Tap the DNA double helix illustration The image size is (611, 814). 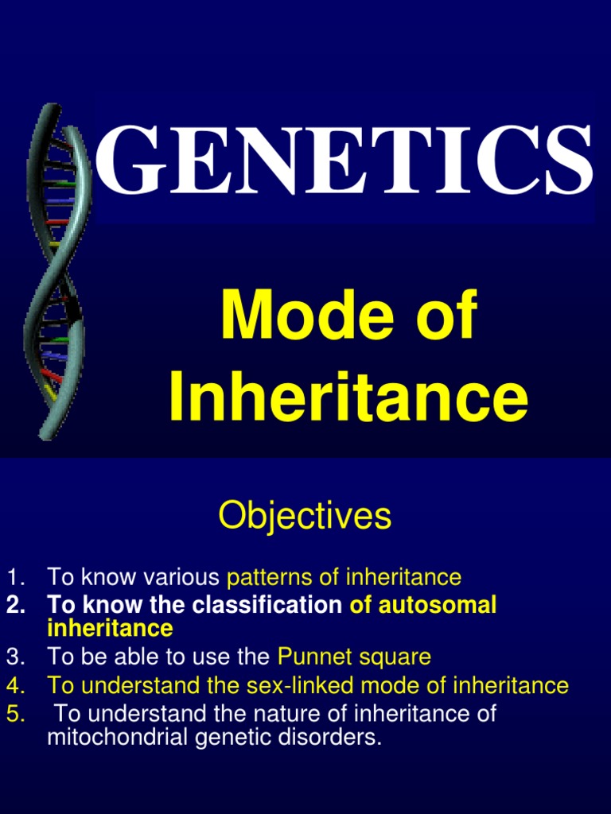pyautogui.click(x=56, y=270)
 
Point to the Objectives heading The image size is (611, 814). pyautogui.click(x=305, y=516)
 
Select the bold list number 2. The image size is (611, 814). pyautogui.click(x=13, y=605)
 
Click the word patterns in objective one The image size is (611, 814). pyautogui.click(x=268, y=576)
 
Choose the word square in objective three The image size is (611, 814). pyautogui.click(x=395, y=657)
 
